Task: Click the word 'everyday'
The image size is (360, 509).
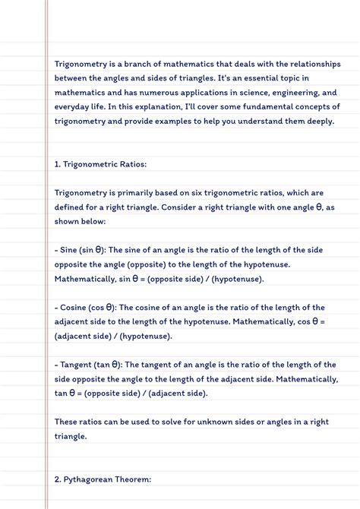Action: (x=73, y=107)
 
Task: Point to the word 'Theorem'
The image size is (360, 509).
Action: (x=137, y=479)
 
